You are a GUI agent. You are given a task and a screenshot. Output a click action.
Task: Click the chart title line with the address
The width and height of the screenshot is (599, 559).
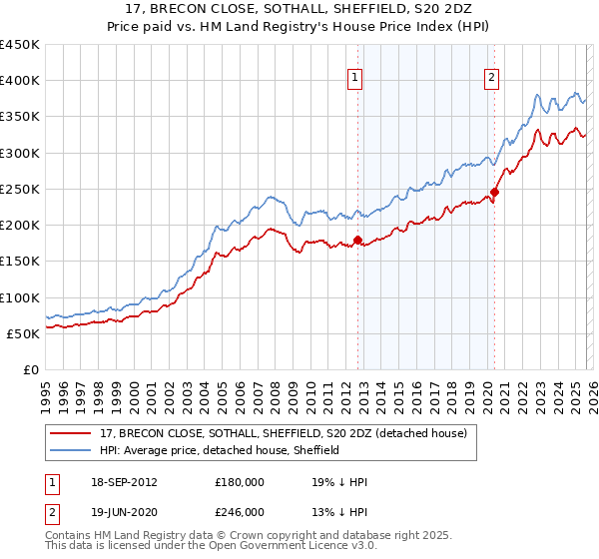tap(299, 11)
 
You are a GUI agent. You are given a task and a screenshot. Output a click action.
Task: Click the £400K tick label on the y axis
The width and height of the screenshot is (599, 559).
tap(20, 81)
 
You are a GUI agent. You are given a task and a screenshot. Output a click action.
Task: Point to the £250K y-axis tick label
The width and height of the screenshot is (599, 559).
tap(20, 189)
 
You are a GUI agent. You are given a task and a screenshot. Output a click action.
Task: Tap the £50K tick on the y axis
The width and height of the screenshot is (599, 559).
tap(24, 333)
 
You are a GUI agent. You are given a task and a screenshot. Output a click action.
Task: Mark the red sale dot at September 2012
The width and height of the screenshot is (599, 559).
tap(356, 240)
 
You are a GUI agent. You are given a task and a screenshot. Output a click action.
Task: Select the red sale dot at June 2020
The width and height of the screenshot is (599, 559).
tap(494, 193)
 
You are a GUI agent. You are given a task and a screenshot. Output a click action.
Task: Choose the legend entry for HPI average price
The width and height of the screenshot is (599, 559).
tap(220, 450)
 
